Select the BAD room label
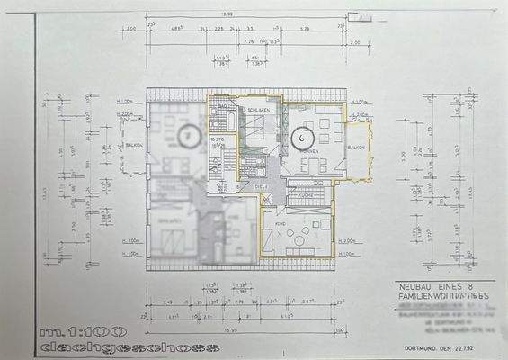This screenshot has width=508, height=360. (222, 106)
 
